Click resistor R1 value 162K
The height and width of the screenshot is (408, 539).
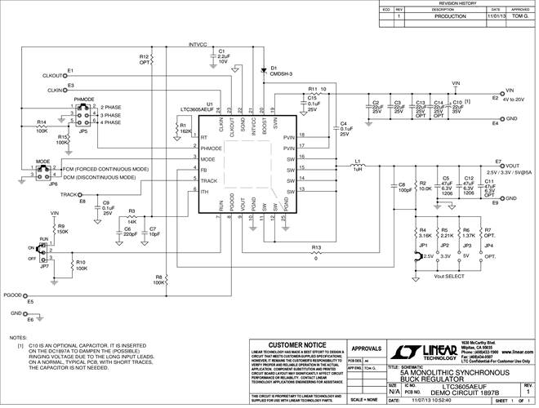185,131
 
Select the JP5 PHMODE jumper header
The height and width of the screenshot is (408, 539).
83,117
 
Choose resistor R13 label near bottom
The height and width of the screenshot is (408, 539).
316,246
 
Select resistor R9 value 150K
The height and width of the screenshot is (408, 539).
63,231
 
